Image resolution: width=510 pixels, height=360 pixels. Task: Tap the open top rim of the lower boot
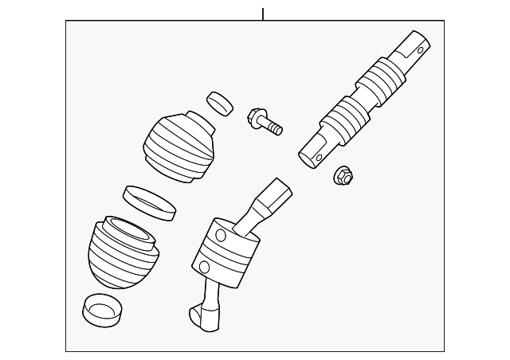(x=127, y=229)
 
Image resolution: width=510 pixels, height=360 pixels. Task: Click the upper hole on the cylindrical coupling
(x=220, y=235)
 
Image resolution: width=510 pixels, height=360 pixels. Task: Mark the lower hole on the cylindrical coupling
(x=204, y=266)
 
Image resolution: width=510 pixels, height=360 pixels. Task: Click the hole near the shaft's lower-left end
(x=320, y=157)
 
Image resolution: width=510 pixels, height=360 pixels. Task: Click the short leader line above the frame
(x=262, y=14)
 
